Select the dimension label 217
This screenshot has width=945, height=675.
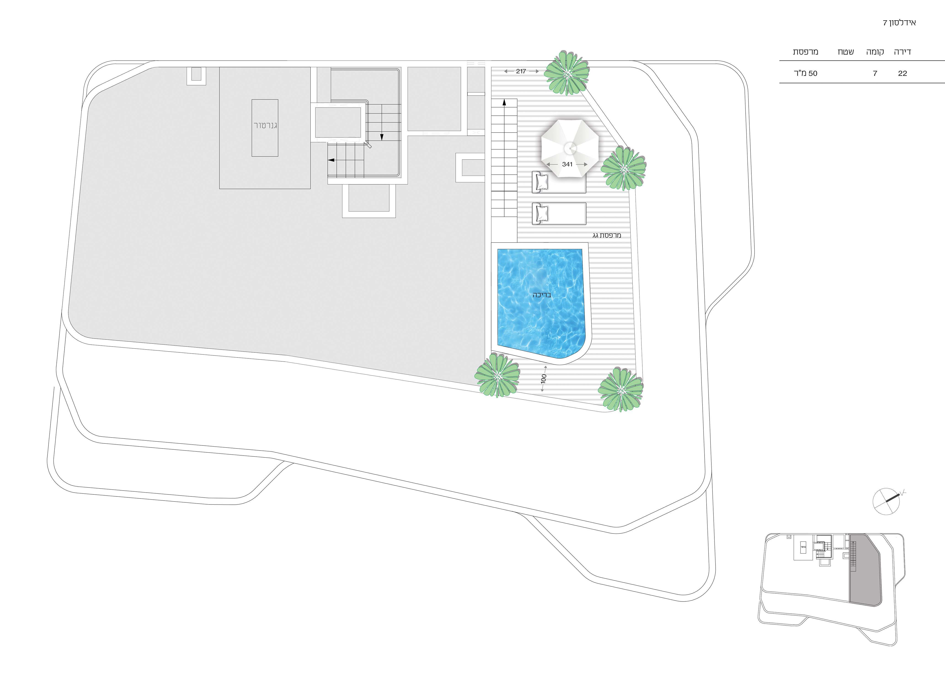tap(521, 72)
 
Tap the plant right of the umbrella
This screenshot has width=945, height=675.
tap(623, 168)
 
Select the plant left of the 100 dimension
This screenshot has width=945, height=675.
tap(497, 375)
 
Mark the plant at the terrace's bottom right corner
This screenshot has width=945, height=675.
tap(620, 390)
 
